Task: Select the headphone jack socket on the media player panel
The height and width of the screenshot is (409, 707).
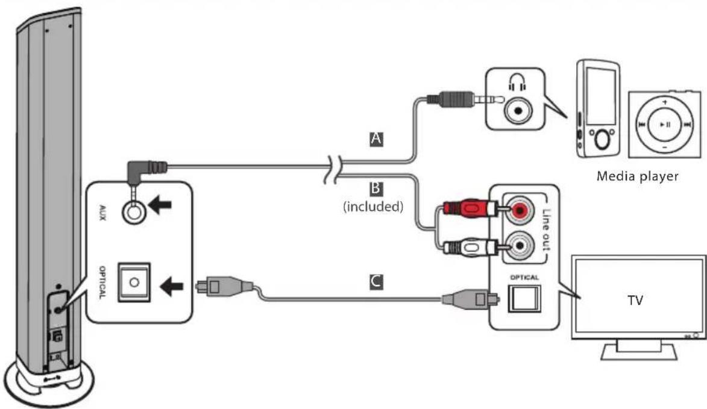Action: click(x=516, y=111)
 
